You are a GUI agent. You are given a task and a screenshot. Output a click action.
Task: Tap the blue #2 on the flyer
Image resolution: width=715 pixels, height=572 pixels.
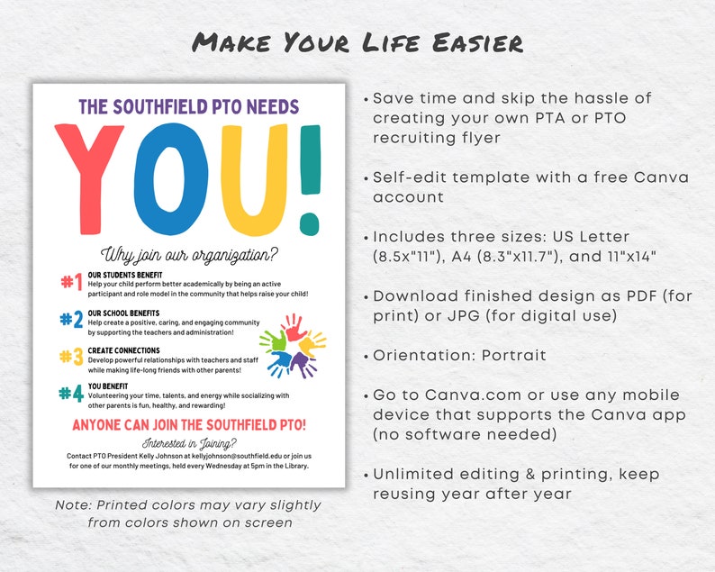71,318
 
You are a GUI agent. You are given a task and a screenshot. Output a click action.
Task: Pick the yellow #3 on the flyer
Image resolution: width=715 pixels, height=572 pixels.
71,356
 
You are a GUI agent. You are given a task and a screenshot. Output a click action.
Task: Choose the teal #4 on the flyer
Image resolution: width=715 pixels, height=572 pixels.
71,393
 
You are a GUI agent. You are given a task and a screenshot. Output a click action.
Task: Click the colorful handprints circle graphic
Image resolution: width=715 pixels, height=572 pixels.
293,344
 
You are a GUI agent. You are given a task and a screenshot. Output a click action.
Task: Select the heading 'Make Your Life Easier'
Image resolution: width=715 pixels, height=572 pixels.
357,42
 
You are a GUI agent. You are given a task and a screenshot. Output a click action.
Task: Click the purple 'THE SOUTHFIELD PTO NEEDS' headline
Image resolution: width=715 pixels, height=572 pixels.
188,106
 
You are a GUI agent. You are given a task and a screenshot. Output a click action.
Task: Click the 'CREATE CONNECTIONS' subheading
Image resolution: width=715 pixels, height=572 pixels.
123,350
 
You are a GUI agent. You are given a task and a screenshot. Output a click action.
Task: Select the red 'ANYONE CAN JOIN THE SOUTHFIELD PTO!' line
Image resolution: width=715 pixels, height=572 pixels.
189,424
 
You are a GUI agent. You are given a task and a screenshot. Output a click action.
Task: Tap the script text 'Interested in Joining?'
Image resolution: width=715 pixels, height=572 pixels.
189,443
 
